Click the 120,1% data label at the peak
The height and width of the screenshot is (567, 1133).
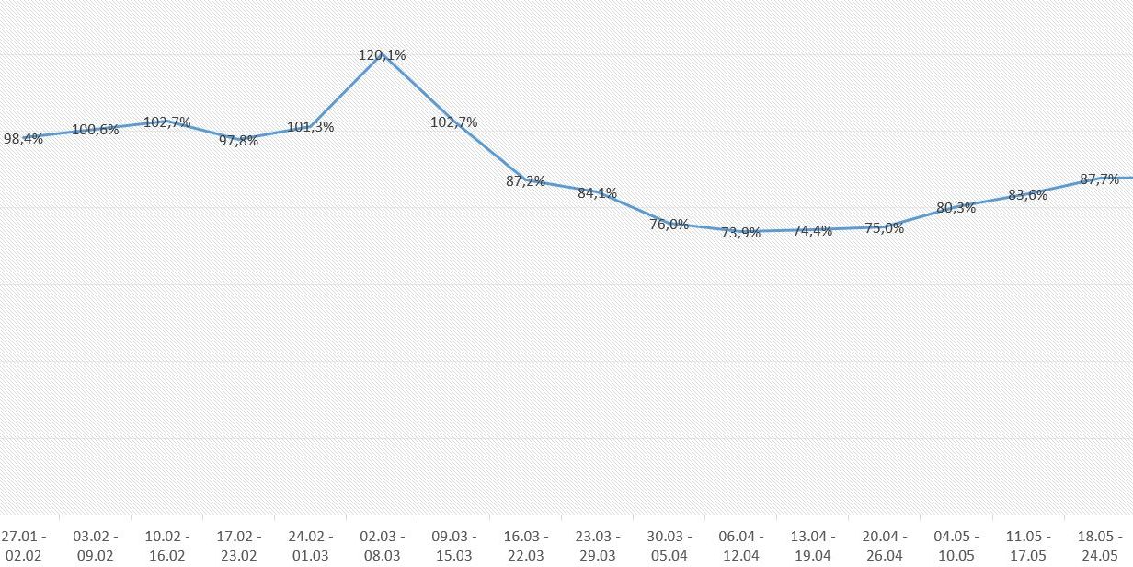[382, 55]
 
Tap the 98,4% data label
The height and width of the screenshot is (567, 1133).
[23, 139]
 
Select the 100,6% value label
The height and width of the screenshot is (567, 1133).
[95, 130]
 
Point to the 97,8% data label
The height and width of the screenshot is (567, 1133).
[238, 141]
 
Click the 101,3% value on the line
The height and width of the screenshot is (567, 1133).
[310, 127]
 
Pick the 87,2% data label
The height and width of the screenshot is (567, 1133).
[525, 181]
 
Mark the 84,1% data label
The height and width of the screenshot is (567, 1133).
[597, 193]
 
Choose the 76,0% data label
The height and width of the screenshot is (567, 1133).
[669, 224]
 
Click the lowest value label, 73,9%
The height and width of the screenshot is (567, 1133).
[740, 233]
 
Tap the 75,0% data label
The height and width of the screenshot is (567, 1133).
[884, 228]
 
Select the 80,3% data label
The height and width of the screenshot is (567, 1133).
[956, 208]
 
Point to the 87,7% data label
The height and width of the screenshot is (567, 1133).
[1099, 179]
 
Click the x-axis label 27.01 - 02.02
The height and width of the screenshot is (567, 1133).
[23, 546]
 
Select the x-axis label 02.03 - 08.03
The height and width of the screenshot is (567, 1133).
[382, 546]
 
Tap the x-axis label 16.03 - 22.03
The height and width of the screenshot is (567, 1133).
[525, 546]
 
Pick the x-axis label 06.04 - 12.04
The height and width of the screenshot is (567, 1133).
[740, 546]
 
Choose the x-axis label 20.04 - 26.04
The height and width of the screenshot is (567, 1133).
[884, 546]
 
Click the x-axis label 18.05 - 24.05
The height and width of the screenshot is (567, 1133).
[1099, 546]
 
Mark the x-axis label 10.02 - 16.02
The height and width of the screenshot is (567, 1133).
[166, 546]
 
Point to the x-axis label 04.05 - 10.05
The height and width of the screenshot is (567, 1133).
[956, 546]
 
